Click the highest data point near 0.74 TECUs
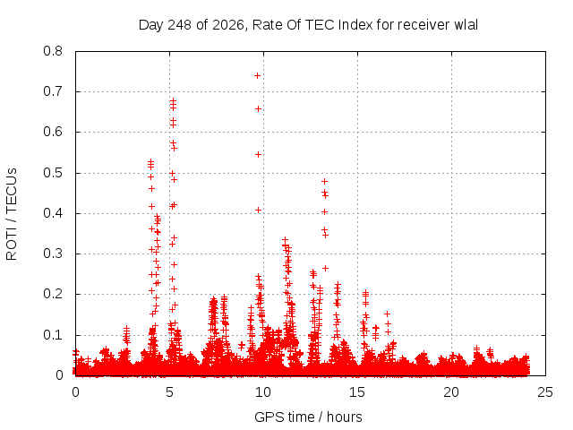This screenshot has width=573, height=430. coord(257,75)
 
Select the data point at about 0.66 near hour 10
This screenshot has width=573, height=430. coord(258,109)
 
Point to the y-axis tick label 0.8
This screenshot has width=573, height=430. coord(53,51)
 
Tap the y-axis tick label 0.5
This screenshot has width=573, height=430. coord(53,173)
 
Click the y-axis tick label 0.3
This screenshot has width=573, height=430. coord(53,254)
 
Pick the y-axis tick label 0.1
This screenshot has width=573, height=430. coord(53,335)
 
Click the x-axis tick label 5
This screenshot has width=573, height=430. coord(169,392)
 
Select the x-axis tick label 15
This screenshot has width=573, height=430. coord(357,392)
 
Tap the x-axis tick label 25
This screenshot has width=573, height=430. coord(545,392)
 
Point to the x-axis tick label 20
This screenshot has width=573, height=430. coord(451,392)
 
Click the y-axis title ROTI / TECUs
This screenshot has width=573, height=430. coord(12,214)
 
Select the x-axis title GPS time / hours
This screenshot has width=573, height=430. coord(308,417)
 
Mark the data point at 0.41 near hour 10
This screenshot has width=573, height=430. coord(259,211)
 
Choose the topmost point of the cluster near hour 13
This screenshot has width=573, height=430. coord(324,181)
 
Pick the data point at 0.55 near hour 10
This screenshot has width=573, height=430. coord(258,155)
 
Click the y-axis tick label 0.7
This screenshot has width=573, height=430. coord(53,91)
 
